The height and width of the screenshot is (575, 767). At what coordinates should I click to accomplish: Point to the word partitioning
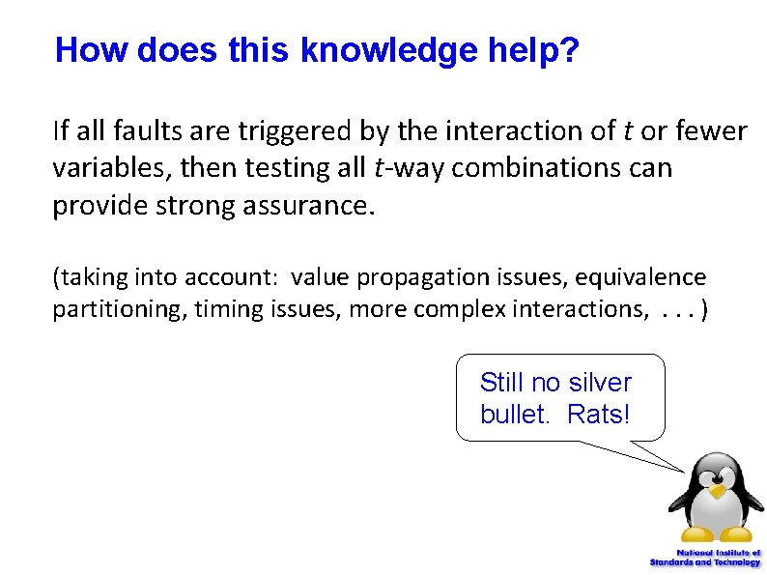click(105, 309)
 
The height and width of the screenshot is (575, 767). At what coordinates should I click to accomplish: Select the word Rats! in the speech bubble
click(599, 415)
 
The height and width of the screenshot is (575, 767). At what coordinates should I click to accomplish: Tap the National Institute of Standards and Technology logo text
click(705, 557)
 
